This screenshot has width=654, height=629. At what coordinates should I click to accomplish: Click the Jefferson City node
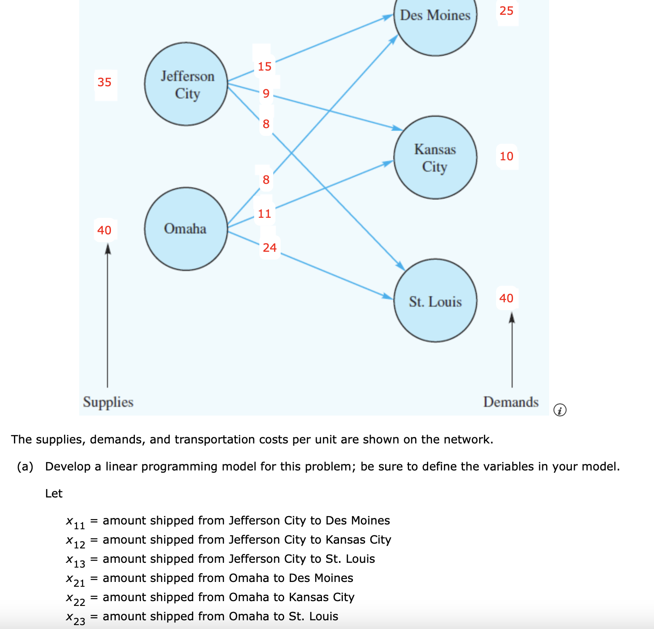pos(186,84)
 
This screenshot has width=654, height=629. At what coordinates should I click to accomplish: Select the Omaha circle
pos(186,229)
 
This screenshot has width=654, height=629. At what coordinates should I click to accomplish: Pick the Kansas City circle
pos(435,157)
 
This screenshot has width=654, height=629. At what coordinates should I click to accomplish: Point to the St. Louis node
pos(435,301)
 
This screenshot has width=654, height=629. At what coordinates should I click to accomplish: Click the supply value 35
pos(104,82)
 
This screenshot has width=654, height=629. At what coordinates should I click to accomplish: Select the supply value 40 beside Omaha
pos(104,230)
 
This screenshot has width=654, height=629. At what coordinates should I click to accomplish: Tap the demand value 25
pos(506,11)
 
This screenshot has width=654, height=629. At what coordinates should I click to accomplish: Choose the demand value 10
pos(506,156)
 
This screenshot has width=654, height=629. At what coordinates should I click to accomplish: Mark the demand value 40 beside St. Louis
pos(506,298)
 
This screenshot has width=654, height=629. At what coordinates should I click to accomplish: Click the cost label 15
pos(265,67)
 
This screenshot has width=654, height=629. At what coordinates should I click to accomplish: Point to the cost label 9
pos(266,94)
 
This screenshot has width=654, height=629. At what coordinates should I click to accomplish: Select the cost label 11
pos(265,214)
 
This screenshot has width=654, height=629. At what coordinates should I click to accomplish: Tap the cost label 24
pos(270,248)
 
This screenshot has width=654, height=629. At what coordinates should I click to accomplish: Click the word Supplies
pos(108,402)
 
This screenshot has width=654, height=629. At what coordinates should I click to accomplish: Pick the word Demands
pos(511,402)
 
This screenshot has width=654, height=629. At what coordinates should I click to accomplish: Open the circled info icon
pos(560,410)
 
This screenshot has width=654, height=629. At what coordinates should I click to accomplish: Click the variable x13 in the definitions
pos(76,560)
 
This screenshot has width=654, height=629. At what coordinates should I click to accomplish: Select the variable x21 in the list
pos(76,579)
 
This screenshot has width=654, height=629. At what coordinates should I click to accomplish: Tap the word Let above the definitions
pos(54,494)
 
